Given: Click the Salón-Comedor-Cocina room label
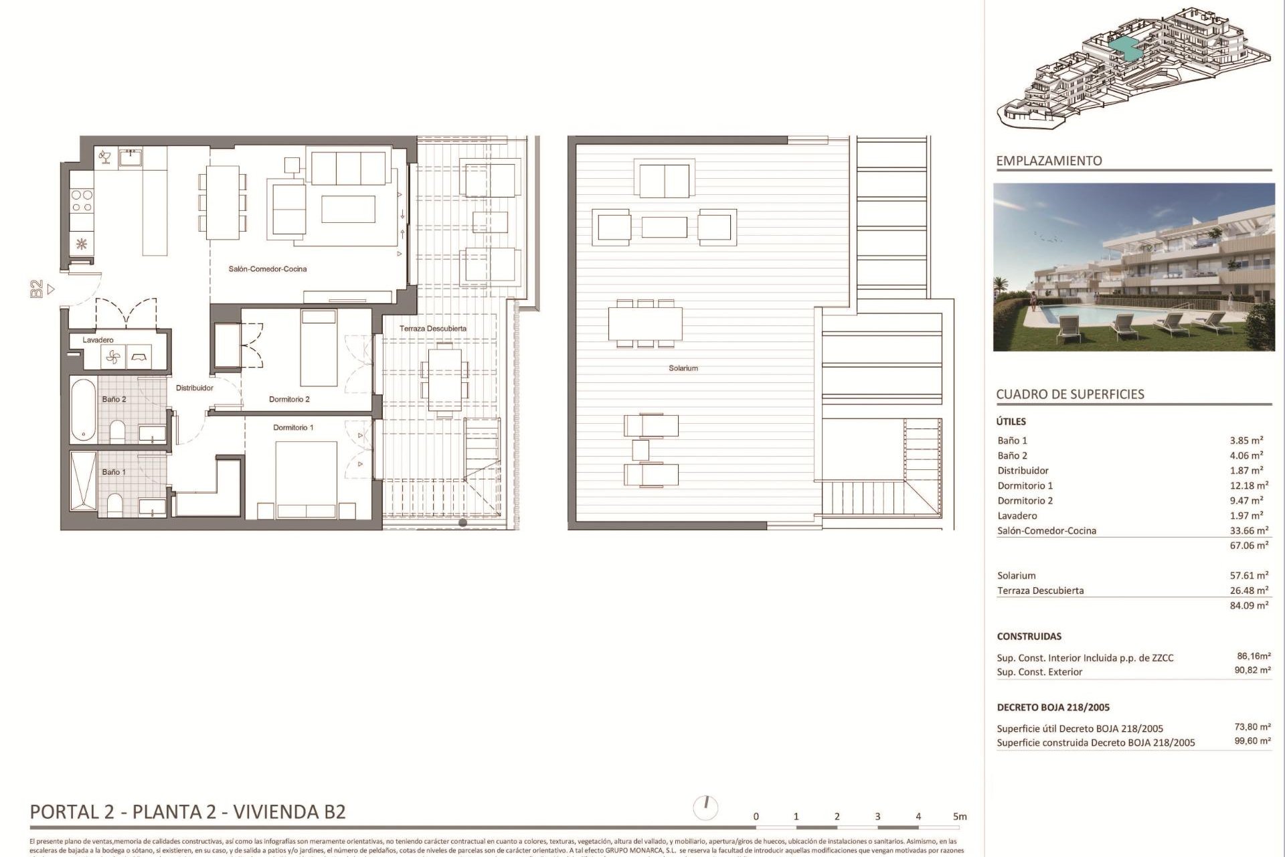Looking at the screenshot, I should click(x=268, y=269).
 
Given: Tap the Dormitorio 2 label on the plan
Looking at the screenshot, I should click(x=289, y=400).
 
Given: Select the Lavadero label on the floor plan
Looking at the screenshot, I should click(x=98, y=340).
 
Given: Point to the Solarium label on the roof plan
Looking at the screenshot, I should click(x=683, y=368).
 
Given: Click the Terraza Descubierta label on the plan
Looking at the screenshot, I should click(x=433, y=329).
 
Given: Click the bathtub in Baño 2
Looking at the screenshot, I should click(x=84, y=409).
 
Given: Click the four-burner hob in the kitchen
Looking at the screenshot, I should click(x=82, y=201).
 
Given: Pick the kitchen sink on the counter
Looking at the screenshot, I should click(x=131, y=158).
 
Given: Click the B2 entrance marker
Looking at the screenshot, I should click(x=37, y=289).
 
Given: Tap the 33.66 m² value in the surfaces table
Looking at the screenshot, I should click(x=1249, y=531).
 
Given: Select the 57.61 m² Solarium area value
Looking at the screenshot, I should click(x=1249, y=576).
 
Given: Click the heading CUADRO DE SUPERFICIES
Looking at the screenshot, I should click(x=1069, y=394).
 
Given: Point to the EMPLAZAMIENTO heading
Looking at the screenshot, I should click(x=1049, y=161).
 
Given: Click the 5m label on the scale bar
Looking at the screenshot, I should click(x=960, y=817).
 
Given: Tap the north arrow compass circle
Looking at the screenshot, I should click(x=706, y=807).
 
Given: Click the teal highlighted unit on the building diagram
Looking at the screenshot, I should click(x=1126, y=47).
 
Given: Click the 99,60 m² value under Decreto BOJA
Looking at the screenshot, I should click(x=1252, y=741).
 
